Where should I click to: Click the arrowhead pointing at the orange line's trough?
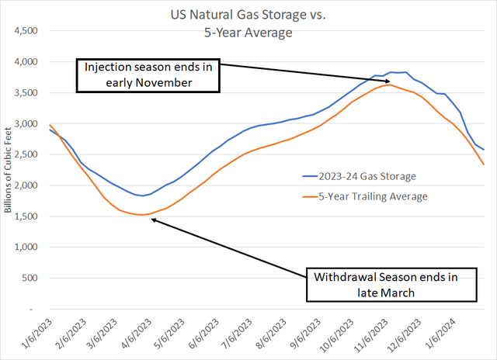pos(153,220)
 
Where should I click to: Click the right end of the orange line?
pos(483,164)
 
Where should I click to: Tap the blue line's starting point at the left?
pos(50,130)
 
